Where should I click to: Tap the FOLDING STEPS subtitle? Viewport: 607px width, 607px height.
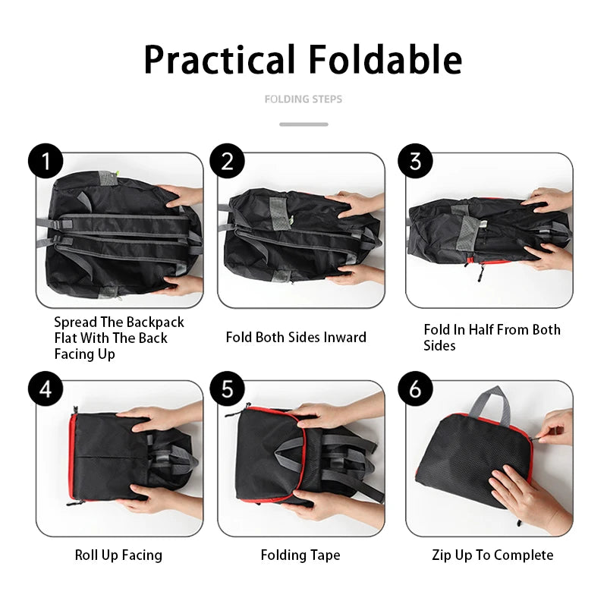(303, 99)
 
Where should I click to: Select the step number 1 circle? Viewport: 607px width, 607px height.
(46, 162)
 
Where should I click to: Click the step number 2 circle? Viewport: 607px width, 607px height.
(228, 162)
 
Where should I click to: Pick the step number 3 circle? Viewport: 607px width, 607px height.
(416, 162)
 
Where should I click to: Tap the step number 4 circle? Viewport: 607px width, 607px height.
(46, 390)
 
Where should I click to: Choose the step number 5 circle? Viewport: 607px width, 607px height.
(228, 390)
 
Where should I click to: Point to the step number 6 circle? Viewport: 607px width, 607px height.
(416, 390)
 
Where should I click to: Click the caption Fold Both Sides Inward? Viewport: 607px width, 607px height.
(296, 337)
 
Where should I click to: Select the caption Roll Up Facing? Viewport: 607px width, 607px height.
(118, 555)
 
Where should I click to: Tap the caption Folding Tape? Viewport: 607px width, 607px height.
(300, 555)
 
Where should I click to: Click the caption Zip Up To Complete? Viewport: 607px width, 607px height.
(492, 555)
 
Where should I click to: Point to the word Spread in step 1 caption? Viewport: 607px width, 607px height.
(75, 322)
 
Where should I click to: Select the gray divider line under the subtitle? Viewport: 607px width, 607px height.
(303, 124)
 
